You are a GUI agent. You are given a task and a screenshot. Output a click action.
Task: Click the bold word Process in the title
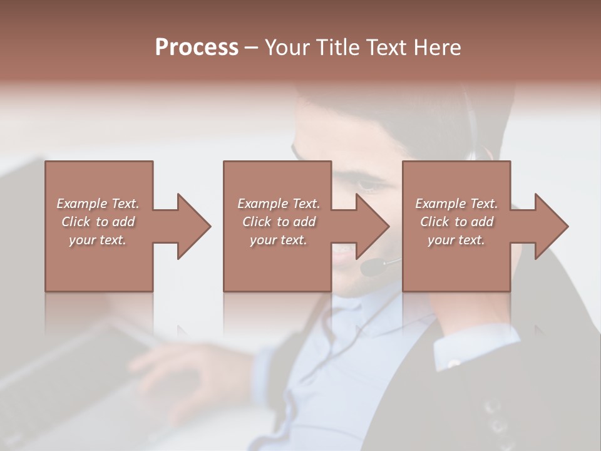(197, 48)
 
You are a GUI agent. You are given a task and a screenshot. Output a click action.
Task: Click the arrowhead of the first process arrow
(194, 226)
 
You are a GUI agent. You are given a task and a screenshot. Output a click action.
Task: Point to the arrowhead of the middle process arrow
(372, 226)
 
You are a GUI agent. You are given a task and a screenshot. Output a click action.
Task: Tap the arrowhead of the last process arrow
(552, 226)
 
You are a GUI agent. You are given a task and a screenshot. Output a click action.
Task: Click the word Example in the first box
(81, 204)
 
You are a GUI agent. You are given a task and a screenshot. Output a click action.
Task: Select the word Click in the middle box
(256, 222)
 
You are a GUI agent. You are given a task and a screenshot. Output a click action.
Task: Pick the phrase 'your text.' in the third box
(456, 240)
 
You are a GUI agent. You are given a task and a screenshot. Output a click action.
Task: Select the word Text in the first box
(125, 204)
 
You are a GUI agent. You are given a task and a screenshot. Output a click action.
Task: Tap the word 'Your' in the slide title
(286, 48)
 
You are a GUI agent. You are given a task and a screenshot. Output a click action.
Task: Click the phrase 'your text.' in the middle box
(278, 240)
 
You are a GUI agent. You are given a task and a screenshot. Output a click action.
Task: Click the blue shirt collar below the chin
(351, 313)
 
